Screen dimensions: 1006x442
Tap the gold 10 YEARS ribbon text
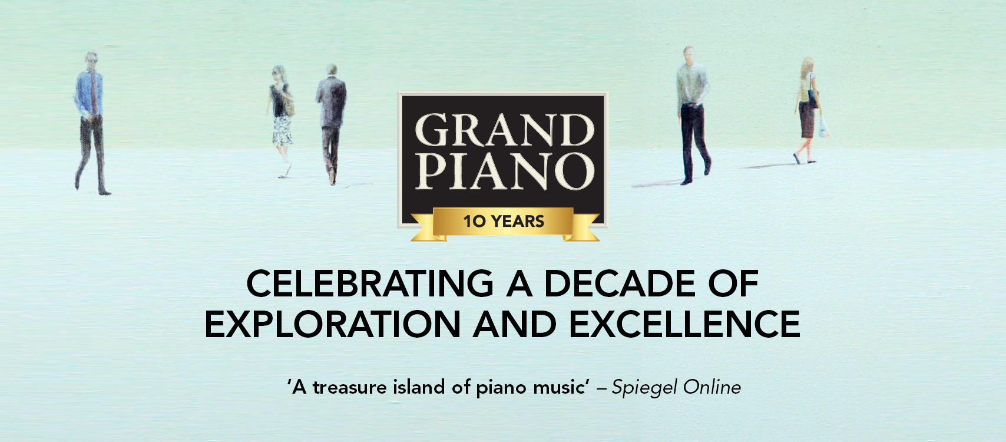coord(504,222)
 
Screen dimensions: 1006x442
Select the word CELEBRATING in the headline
coord(370,283)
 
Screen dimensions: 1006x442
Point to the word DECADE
coord(620,283)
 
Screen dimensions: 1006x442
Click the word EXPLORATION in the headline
coord(332,324)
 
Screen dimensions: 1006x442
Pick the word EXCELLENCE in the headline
coord(685,324)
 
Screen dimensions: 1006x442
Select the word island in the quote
coord(419,387)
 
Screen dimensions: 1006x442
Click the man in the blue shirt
coord(91,123)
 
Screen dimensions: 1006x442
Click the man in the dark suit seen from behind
coord(331,124)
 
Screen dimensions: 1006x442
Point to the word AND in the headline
coord(515,324)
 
